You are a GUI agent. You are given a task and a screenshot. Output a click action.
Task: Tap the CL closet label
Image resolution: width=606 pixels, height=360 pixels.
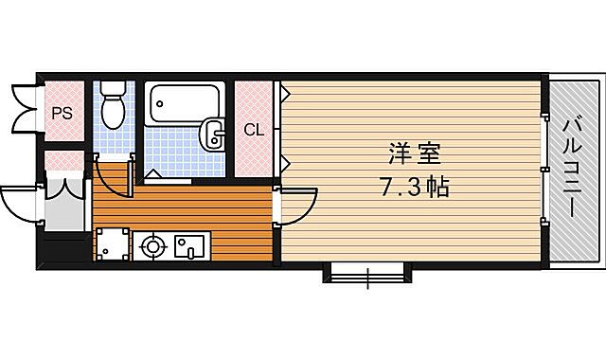[x=254, y=130]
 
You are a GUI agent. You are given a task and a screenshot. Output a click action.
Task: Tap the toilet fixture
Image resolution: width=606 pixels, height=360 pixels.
[x=114, y=104]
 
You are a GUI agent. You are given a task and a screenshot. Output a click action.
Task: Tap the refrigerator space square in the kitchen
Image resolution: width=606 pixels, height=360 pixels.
[x=112, y=243]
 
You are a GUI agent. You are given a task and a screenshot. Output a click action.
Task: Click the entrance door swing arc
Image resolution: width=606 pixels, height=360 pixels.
[x=19, y=202]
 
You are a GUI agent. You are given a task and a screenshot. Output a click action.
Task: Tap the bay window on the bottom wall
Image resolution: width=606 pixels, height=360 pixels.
[x=367, y=276]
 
